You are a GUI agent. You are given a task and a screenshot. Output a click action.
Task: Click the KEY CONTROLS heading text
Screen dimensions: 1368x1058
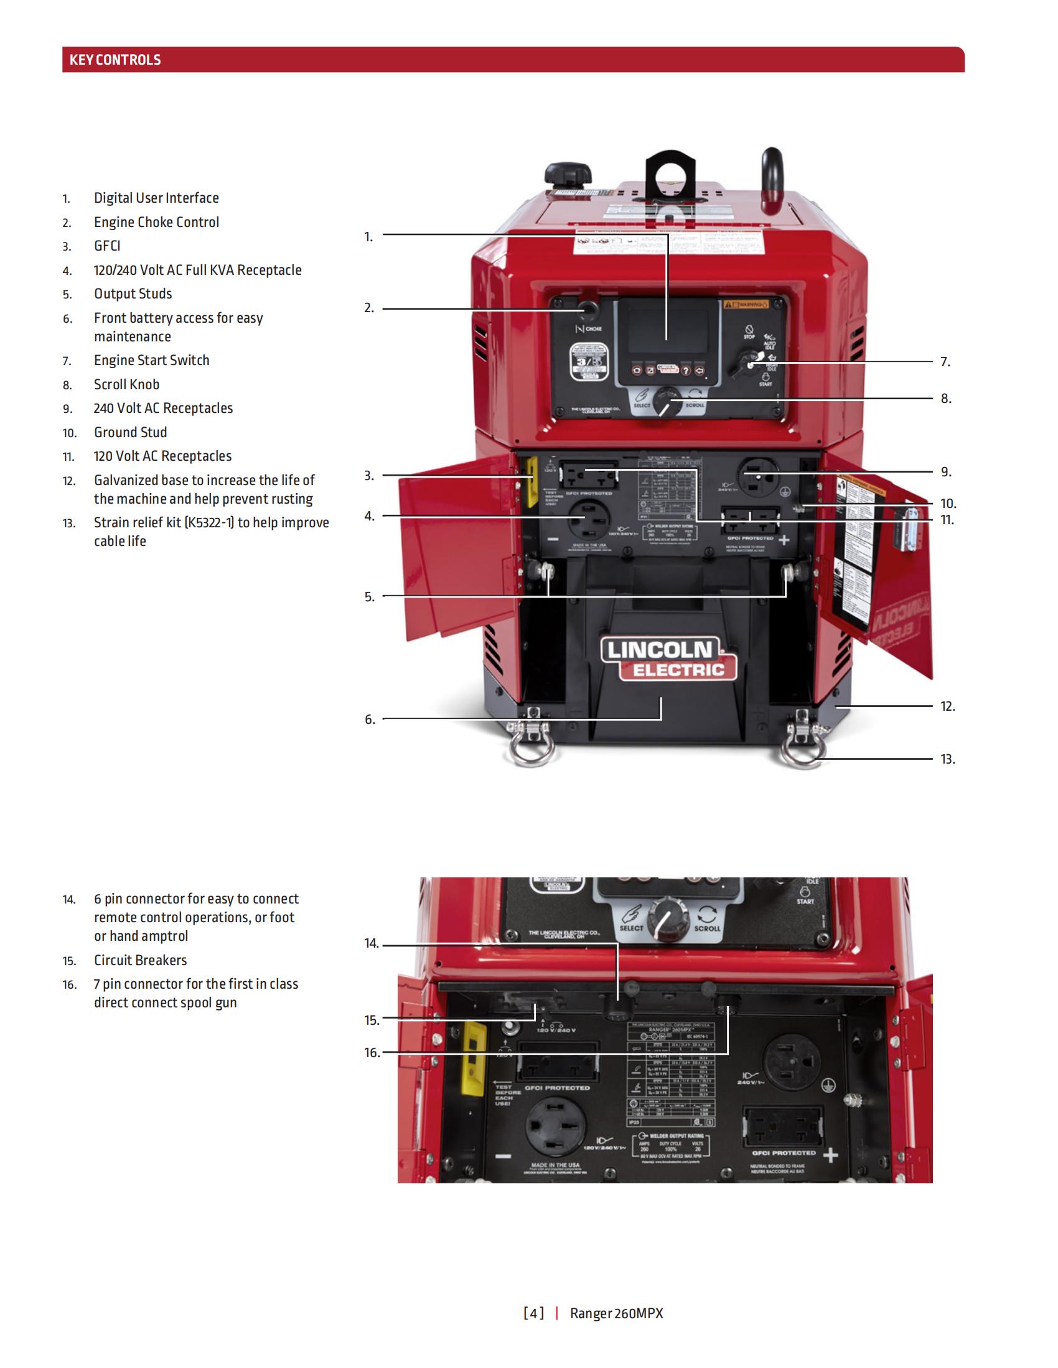(x=115, y=60)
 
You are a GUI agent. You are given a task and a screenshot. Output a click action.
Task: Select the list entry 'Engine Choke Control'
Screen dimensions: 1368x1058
(x=156, y=223)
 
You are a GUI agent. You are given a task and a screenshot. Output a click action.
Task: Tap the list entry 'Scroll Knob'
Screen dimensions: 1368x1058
(x=126, y=384)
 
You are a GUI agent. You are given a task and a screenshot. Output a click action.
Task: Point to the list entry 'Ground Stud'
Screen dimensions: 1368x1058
(x=130, y=432)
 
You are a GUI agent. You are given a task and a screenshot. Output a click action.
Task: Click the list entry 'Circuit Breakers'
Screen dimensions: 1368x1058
(x=141, y=960)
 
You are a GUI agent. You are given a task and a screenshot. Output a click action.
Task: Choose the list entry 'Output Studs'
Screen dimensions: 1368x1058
(x=133, y=293)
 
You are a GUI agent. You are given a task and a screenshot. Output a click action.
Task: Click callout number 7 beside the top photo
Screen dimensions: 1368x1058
(x=945, y=362)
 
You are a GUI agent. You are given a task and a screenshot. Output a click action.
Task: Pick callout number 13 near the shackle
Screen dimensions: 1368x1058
(x=947, y=759)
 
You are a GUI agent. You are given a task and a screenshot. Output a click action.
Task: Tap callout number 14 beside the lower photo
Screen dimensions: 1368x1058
(x=372, y=943)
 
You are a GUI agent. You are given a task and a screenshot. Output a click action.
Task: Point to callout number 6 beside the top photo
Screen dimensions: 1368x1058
(x=370, y=719)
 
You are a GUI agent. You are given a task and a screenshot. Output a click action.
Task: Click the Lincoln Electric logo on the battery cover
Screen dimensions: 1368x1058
(x=668, y=659)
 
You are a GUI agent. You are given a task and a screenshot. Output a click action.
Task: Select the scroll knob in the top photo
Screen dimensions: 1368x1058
(x=667, y=400)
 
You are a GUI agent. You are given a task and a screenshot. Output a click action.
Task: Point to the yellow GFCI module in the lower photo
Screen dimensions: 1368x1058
(x=474, y=1058)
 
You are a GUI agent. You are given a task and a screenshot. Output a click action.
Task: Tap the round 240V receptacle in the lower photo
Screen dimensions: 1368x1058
(x=792, y=1062)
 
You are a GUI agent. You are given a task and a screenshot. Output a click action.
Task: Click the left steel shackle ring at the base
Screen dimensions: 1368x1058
(x=530, y=749)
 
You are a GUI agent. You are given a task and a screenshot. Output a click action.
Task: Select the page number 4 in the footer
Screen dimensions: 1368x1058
(x=533, y=1313)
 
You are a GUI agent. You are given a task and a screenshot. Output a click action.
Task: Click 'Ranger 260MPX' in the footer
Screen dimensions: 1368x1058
(x=616, y=1313)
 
